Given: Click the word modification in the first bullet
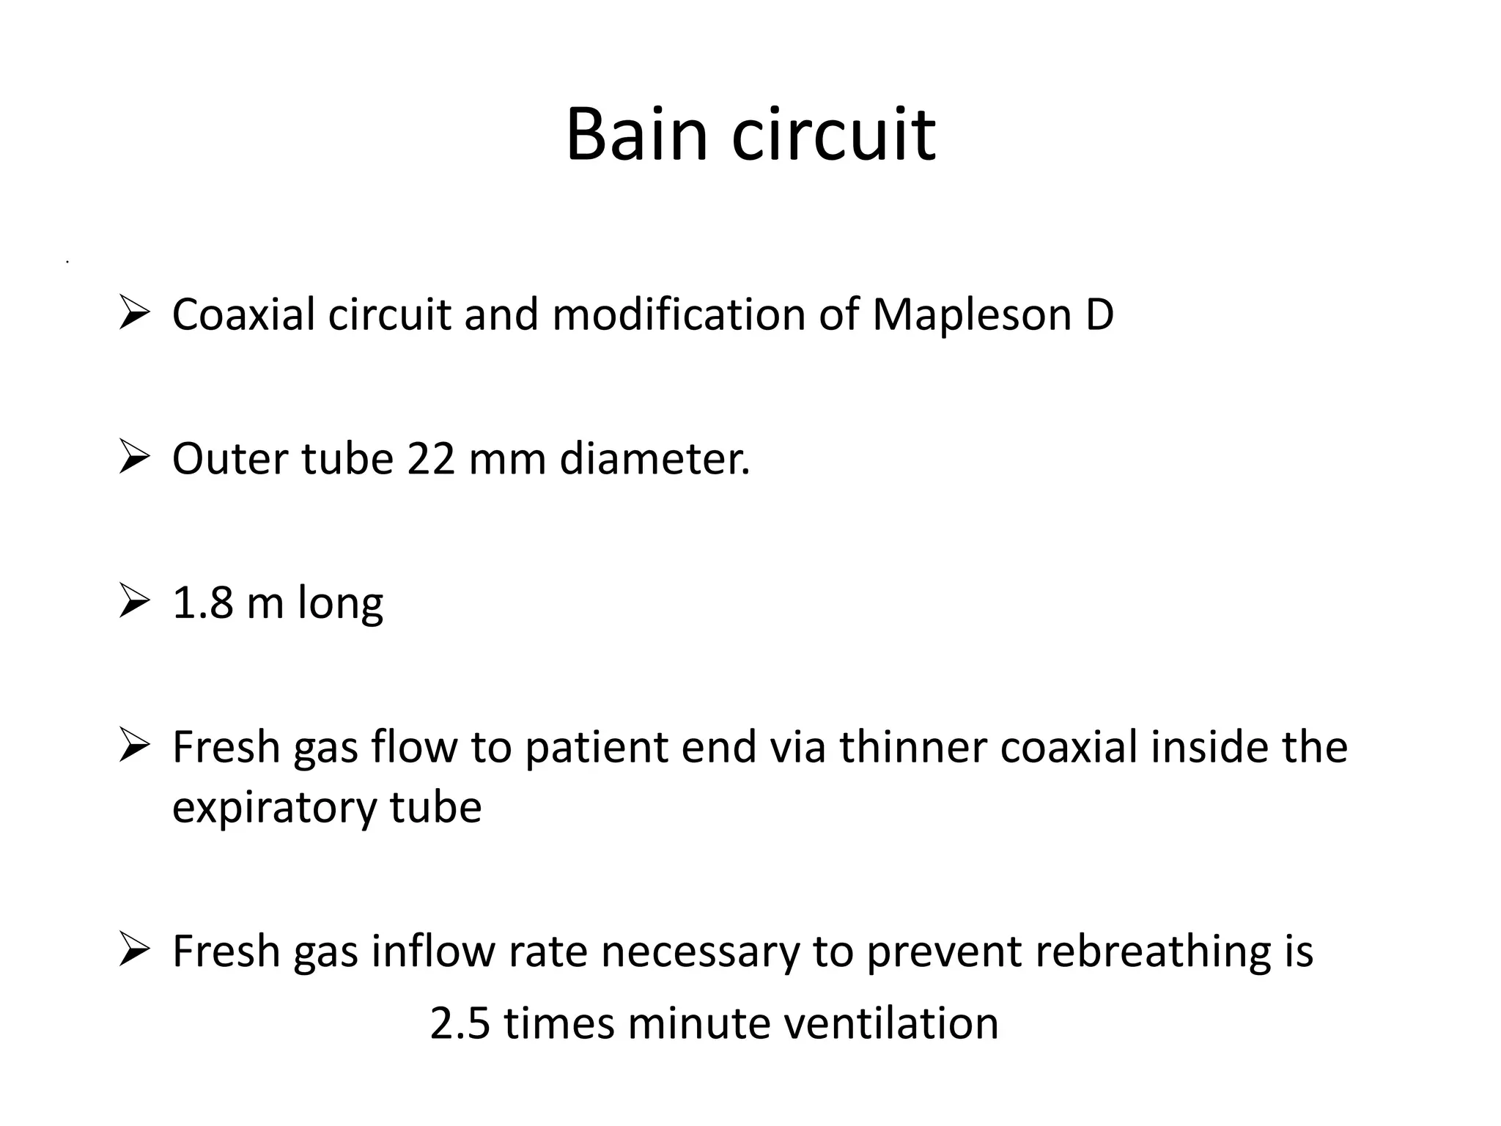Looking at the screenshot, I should coord(679,314).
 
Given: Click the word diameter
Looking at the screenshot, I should coord(654,459).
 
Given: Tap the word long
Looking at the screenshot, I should coord(340,604).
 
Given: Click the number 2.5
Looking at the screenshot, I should coord(460,1023).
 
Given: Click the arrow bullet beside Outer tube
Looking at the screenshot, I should coord(134,459).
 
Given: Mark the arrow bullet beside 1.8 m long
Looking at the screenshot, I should coord(134,603).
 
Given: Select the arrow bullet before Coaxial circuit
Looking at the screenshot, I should coord(134,314).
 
